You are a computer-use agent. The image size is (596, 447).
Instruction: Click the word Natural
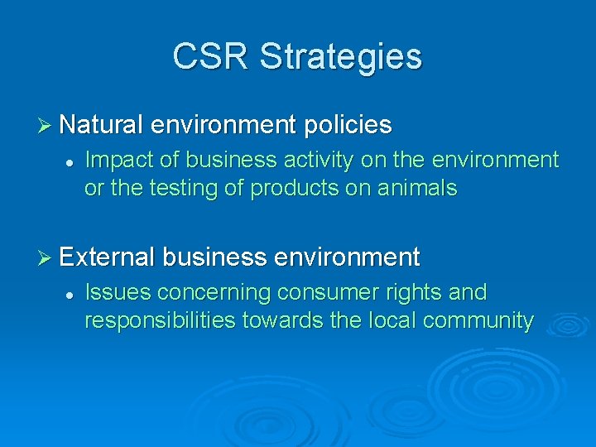(102, 125)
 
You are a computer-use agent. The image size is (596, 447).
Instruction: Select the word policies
(348, 126)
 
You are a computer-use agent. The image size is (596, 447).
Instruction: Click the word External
(107, 257)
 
